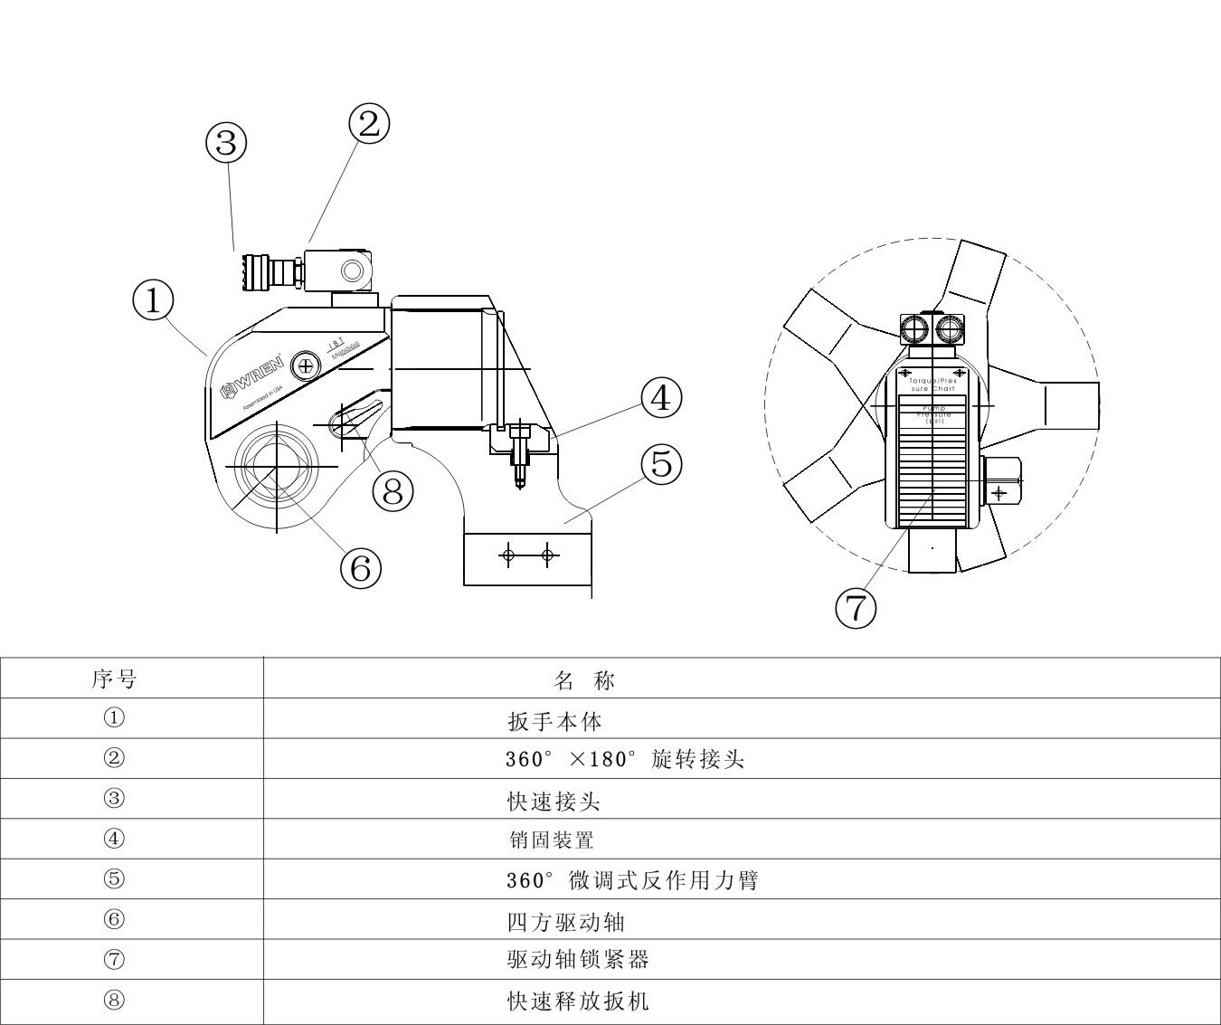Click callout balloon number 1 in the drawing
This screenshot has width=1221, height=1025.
coord(153,300)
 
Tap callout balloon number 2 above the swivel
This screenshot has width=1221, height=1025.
coord(369,124)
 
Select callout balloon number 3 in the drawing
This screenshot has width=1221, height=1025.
coord(226,142)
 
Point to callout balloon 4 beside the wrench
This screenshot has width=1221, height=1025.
coord(661,397)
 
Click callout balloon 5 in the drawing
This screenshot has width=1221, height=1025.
coord(661,464)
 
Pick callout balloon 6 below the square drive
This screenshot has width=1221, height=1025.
coord(360,568)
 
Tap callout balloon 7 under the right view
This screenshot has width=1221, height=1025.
coord(855,608)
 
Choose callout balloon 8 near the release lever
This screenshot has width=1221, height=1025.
coord(393,491)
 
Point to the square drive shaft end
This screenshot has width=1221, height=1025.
coord(269,466)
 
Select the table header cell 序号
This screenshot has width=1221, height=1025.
coord(115,679)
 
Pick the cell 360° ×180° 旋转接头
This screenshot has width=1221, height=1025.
coord(625,760)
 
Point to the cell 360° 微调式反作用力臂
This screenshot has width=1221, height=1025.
coord(632,880)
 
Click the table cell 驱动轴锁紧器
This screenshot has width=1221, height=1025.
coord(578,960)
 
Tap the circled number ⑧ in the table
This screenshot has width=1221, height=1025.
coord(114,1000)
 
